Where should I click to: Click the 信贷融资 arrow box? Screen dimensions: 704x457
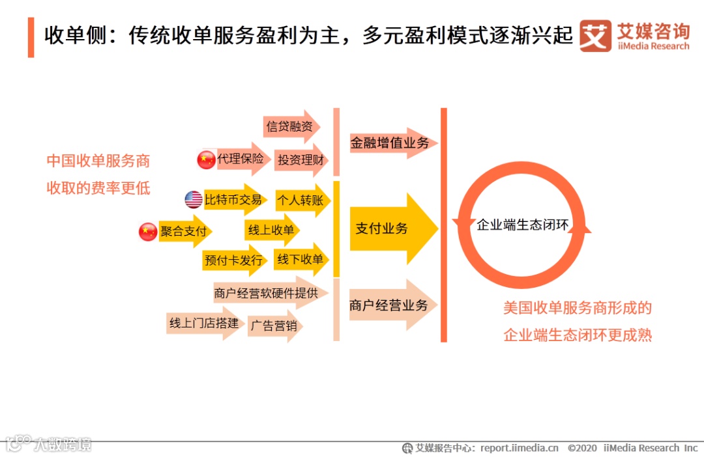291,126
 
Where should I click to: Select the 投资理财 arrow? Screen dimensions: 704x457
301,159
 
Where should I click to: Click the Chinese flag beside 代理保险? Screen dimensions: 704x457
206,159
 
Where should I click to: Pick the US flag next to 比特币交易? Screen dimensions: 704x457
194,200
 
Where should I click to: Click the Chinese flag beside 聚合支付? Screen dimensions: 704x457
148,232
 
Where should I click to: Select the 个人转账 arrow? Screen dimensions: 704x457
301,201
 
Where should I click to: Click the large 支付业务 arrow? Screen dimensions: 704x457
391,228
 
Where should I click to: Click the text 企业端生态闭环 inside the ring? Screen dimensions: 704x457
523,225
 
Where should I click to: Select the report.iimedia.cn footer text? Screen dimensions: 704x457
520,448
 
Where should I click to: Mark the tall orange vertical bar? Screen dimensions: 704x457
444,225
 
